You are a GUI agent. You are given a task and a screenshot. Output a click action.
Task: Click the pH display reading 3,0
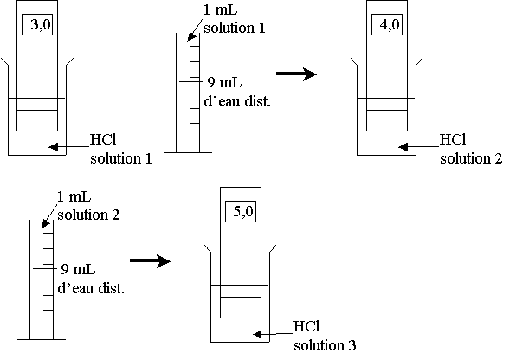(x=37, y=24)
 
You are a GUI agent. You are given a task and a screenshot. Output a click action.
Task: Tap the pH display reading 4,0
(x=387, y=24)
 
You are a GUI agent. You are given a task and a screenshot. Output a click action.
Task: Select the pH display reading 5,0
(x=241, y=211)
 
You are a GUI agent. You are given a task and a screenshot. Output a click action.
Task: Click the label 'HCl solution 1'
(x=121, y=149)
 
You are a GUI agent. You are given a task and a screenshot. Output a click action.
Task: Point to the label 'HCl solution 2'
(x=471, y=149)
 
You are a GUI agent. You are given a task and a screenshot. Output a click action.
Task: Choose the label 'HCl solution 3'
(x=325, y=336)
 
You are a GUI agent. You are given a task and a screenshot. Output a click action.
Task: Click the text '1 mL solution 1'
(x=235, y=19)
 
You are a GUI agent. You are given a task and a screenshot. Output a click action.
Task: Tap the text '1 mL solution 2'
(x=88, y=206)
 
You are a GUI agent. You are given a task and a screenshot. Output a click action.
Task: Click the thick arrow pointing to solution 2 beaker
(x=296, y=74)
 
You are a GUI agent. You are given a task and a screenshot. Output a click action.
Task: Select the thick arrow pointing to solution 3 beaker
(x=151, y=261)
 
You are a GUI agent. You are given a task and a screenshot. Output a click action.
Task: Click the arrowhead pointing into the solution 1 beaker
(x=54, y=147)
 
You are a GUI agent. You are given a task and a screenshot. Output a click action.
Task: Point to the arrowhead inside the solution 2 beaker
(x=403, y=147)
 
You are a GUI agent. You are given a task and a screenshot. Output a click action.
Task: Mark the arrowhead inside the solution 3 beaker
(x=257, y=335)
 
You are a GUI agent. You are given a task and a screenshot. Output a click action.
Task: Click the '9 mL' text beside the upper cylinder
(x=224, y=82)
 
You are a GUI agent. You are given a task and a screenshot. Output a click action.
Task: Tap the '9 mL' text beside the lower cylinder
(x=78, y=269)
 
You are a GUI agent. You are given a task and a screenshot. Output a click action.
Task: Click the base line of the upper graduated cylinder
(x=188, y=152)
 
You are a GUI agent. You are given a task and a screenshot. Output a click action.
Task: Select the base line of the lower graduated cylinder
(x=42, y=339)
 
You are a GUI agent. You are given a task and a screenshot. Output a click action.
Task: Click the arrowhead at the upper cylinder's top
(x=190, y=37)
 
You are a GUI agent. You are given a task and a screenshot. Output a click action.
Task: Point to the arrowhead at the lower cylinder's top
(x=45, y=224)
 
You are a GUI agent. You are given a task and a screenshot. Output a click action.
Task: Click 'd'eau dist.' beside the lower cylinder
(x=91, y=288)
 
